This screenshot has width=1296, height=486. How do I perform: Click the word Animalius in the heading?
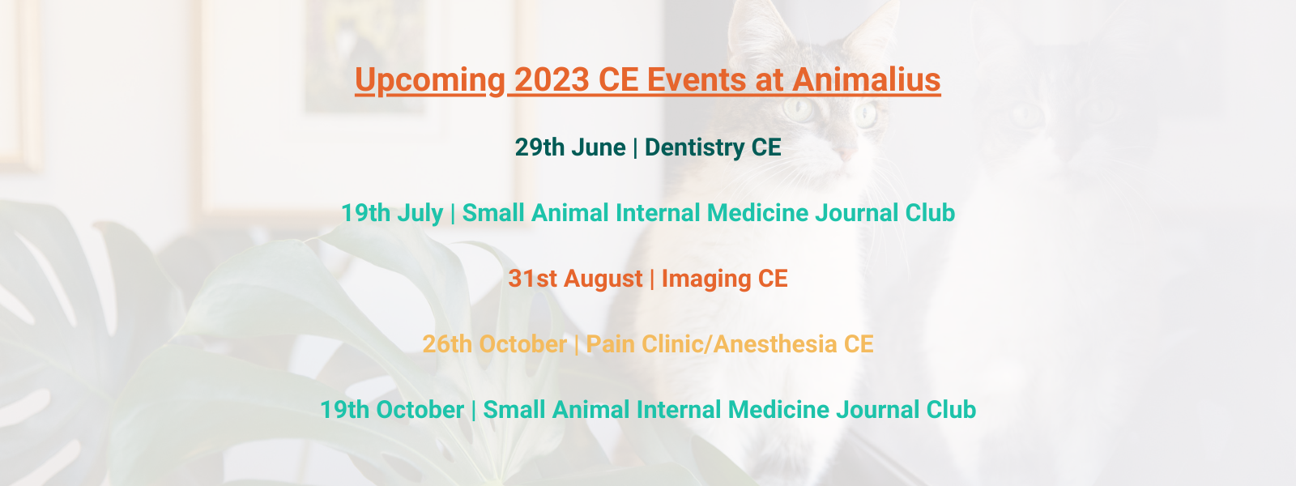(x=866, y=79)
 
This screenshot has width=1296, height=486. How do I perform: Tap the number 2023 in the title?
(x=552, y=79)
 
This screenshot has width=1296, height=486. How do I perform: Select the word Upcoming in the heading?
(x=430, y=81)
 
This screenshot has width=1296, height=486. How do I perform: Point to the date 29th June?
(x=570, y=147)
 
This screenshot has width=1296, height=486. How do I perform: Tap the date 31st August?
(x=576, y=279)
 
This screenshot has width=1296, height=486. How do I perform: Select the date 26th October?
(x=495, y=344)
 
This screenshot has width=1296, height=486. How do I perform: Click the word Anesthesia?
(x=774, y=344)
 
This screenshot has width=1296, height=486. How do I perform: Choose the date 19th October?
(x=392, y=410)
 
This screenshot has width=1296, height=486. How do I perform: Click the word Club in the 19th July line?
(x=931, y=213)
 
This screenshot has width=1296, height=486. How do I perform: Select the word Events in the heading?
(x=697, y=79)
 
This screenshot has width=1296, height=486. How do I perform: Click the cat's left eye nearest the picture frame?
(x=799, y=109)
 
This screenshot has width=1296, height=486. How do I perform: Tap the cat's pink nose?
(x=846, y=155)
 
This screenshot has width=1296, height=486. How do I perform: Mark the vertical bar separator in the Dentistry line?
(x=635, y=147)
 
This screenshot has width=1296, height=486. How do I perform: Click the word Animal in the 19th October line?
(x=590, y=410)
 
